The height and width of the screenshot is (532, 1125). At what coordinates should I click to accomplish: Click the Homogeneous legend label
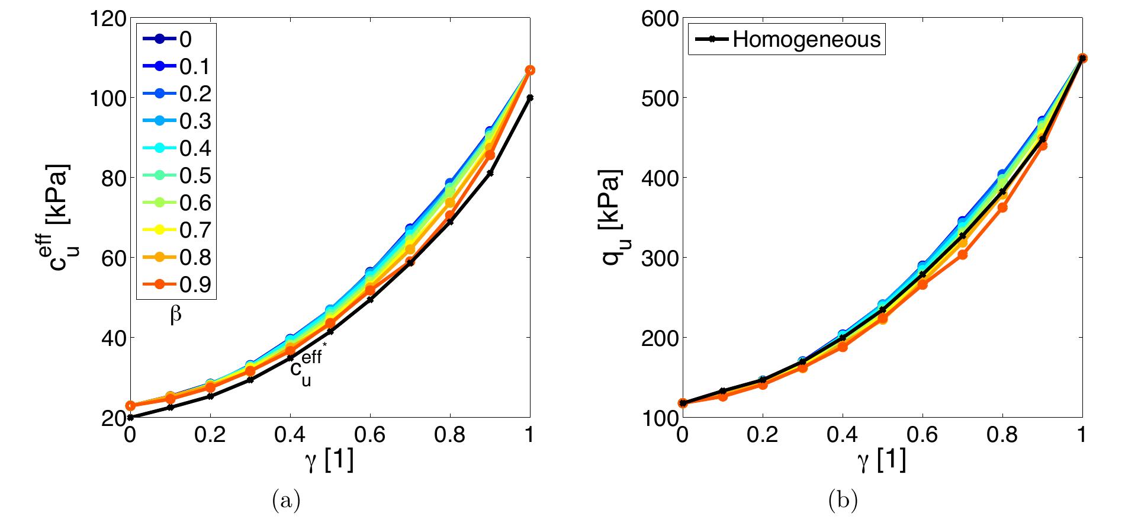tap(806, 40)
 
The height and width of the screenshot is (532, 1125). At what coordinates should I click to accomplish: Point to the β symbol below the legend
tap(176, 316)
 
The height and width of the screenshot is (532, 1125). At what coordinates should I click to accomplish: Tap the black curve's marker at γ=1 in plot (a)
tap(529, 98)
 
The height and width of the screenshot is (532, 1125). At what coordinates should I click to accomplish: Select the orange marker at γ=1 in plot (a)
tap(530, 70)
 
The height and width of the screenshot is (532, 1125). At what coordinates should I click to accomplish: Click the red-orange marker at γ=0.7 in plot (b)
tap(963, 255)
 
